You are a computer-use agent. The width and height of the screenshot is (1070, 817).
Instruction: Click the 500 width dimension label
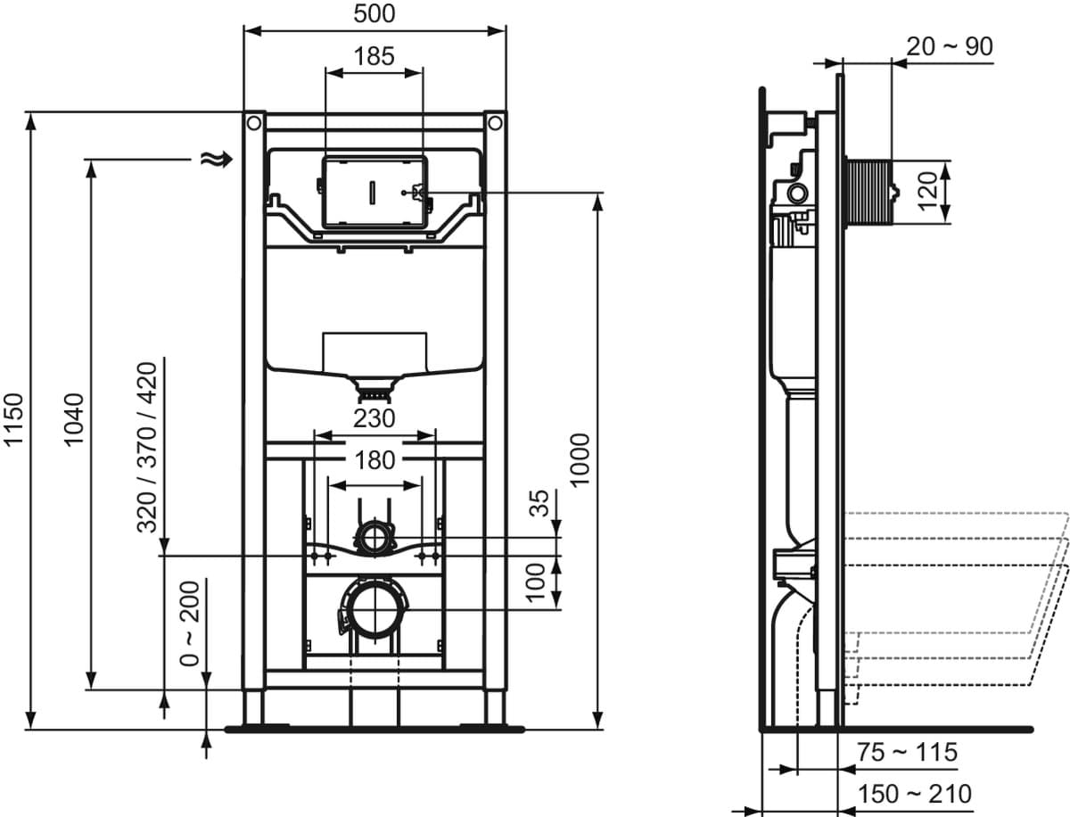374,13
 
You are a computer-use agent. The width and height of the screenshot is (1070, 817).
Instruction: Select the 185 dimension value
374,56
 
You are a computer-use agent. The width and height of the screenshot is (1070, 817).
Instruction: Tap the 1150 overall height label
13,420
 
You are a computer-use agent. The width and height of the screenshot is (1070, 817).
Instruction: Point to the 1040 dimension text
74,420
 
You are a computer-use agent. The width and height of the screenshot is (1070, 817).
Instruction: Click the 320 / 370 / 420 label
147,448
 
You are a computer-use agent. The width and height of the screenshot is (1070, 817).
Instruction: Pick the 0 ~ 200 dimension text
190,624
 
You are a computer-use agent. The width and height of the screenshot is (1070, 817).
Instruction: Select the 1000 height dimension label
580,459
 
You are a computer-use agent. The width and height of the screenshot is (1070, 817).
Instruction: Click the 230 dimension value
374,418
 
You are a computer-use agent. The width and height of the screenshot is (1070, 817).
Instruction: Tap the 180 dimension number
374,460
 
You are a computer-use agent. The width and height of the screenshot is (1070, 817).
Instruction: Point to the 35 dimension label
539,503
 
